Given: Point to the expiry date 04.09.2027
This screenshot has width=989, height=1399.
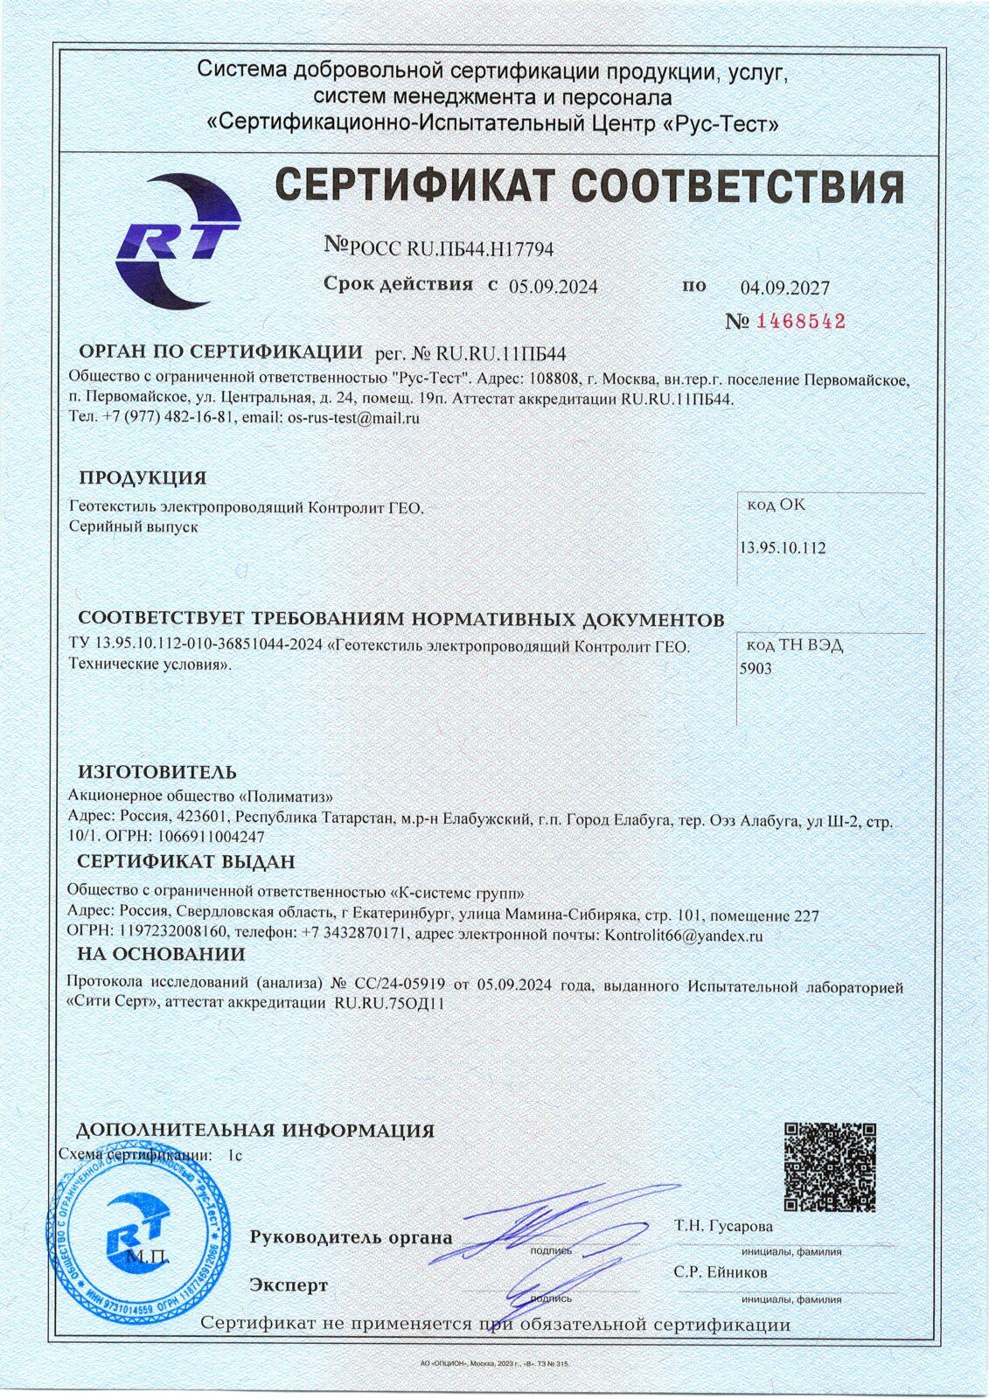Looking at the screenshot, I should [784, 288].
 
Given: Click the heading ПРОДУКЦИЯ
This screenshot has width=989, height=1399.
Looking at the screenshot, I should [143, 478].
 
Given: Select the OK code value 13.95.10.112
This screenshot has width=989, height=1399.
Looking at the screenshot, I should [783, 548].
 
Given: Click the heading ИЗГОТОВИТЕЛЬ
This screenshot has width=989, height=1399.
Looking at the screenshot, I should [157, 772].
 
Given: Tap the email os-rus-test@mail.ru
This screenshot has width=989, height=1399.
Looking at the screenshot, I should [354, 418].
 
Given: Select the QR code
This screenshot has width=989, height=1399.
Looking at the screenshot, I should [829, 1166].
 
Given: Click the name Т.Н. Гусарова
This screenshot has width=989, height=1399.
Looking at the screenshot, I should [723, 1226].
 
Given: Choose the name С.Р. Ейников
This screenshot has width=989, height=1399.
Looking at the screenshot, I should [720, 1272].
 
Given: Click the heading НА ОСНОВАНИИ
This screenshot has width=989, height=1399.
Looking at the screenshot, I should [161, 954].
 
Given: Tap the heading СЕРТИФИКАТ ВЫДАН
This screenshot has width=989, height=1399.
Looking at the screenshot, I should [186, 861].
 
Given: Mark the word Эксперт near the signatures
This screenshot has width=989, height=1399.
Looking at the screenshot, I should [289, 1285].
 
